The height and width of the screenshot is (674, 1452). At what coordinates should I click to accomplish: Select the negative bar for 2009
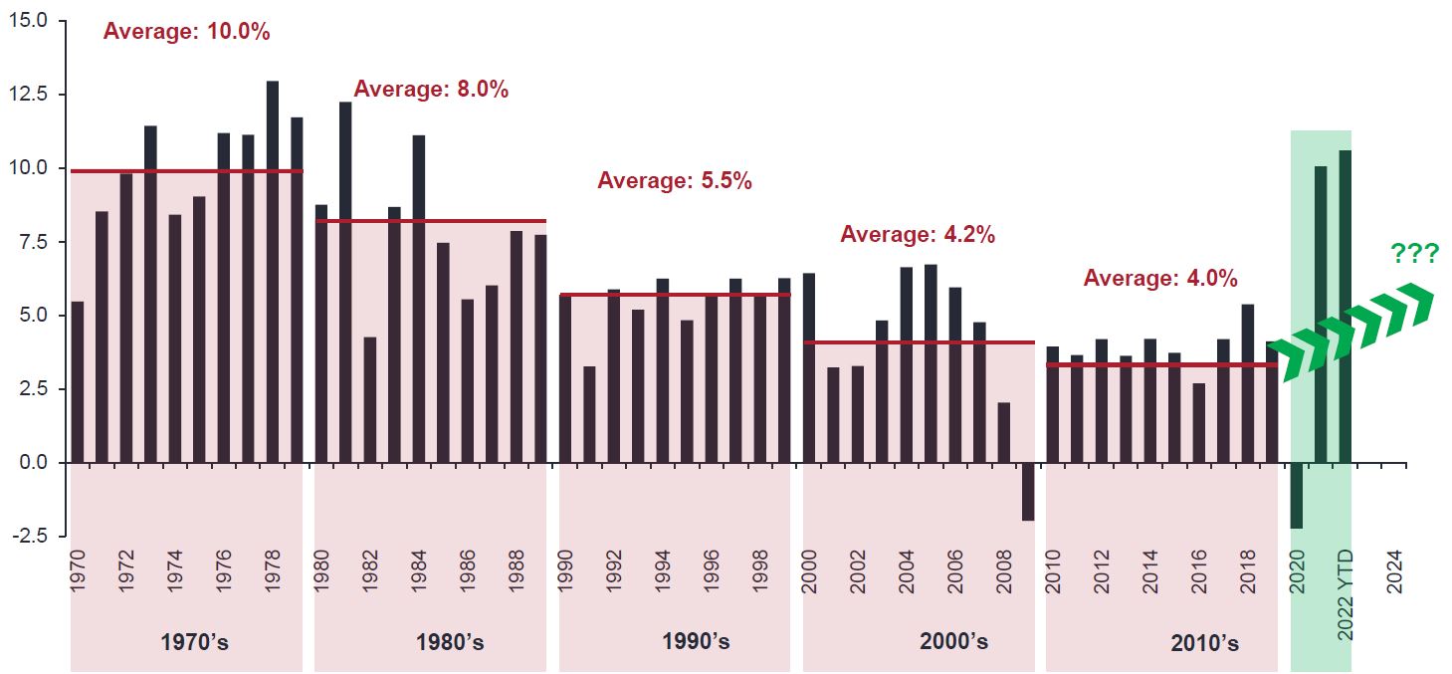click(1028, 492)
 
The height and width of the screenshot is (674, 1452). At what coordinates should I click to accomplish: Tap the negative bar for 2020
click(1297, 496)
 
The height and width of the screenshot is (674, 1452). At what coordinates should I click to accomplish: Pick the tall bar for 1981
click(345, 283)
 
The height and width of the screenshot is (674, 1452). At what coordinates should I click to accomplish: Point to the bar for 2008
click(1004, 433)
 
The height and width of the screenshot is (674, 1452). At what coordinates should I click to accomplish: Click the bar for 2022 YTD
click(1346, 307)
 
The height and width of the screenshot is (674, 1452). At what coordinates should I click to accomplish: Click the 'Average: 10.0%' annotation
click(187, 31)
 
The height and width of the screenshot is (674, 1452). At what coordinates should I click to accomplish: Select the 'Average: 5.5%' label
click(675, 181)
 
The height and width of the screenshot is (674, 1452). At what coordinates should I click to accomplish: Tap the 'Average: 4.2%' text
click(918, 235)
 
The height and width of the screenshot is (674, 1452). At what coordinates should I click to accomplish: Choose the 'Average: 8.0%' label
click(431, 90)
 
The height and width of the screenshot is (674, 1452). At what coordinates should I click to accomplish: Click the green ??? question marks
click(1414, 254)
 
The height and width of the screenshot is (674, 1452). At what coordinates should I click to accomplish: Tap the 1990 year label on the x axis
click(565, 571)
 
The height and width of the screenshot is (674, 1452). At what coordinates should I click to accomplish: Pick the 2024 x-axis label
click(1395, 571)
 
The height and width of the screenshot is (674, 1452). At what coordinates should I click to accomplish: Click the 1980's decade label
click(450, 642)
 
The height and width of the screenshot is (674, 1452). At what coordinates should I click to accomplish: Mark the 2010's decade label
click(1205, 643)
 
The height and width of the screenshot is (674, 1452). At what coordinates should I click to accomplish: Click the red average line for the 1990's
click(675, 295)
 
